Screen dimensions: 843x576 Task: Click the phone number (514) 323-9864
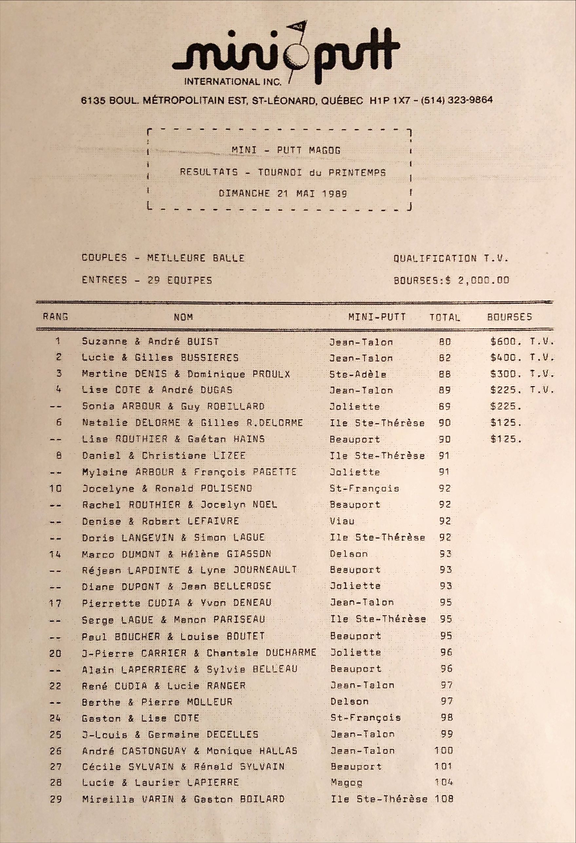coord(457,100)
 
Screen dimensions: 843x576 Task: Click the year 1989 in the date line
coord(335,193)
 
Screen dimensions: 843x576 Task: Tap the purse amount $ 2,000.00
coord(478,280)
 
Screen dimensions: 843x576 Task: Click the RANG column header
coord(55,317)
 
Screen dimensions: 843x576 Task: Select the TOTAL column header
coord(445,317)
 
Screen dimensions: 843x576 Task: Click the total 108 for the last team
coord(444,799)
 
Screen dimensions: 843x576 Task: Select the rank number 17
coord(55,604)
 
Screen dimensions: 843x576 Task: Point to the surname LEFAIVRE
coord(213,521)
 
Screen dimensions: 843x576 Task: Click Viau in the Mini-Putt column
coord(342,521)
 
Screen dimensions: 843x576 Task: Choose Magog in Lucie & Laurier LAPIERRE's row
coord(346,782)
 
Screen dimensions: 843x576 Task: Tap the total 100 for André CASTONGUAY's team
coord(444,750)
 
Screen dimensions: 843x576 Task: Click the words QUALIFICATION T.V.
coord(451,258)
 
